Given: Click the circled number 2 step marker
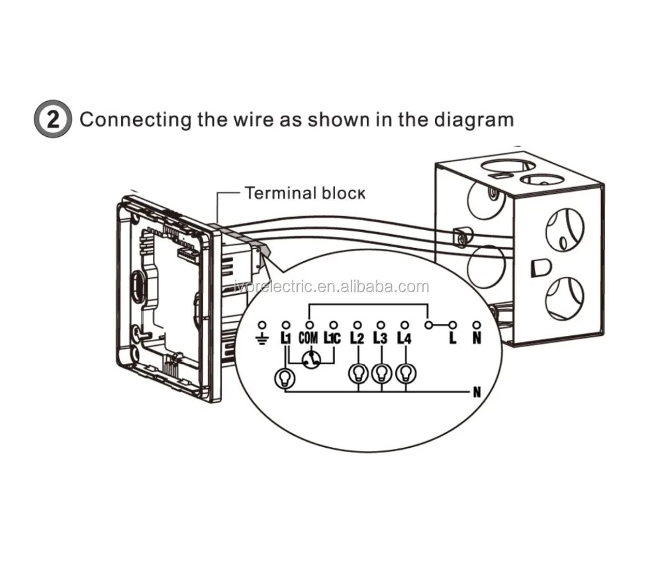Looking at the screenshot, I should tap(53, 120).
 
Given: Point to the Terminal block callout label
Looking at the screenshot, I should tap(305, 193).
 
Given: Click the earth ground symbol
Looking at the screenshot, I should tap(262, 338).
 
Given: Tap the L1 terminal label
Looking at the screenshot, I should tap(286, 338).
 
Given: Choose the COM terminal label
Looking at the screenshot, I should tap(308, 338).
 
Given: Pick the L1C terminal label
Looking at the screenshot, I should tap(332, 338).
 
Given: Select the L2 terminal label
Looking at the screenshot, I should tap(357, 338).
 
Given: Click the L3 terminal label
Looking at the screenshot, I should tap(381, 338).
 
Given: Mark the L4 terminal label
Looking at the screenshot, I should tap(404, 338).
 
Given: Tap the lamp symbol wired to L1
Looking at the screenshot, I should tap(285, 378).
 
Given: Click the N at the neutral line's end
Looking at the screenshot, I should tap(477, 392).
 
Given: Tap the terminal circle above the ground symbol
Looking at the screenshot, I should tap(262, 325).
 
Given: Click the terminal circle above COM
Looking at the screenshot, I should tap(310, 325).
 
